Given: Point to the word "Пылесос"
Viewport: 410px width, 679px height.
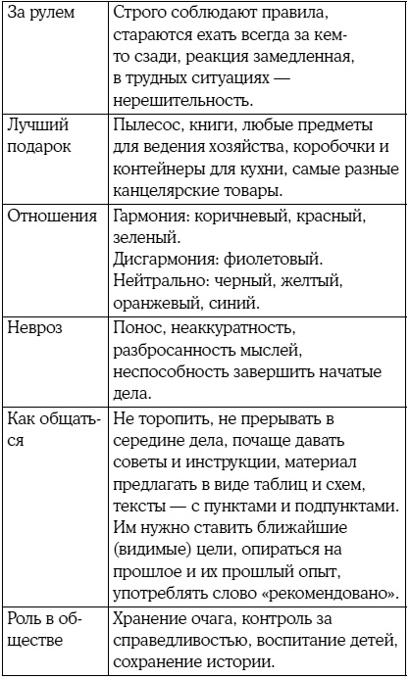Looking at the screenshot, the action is click(150, 125).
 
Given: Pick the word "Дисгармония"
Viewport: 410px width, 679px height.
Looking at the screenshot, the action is click(164, 260).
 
